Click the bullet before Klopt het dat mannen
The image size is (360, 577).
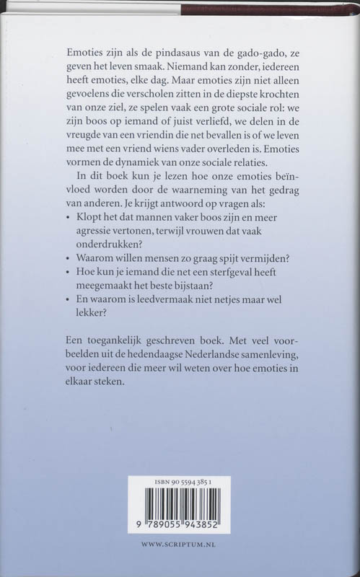click(68, 216)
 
